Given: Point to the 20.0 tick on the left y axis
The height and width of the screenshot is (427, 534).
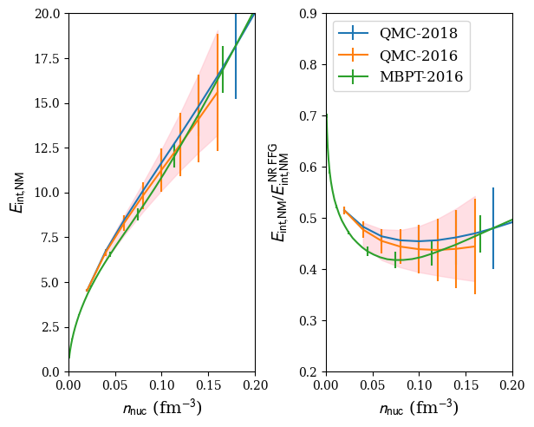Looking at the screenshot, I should pos(48,14).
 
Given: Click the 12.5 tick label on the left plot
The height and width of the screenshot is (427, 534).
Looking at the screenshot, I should pos(48,148).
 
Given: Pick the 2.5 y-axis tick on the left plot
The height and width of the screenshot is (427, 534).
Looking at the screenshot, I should pos(52,327).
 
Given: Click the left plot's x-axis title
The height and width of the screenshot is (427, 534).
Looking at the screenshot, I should pos(161,407).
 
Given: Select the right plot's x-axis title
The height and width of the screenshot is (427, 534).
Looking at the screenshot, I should pos(419,407).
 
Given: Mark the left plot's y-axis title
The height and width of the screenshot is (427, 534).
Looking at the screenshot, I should pos(16,193).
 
